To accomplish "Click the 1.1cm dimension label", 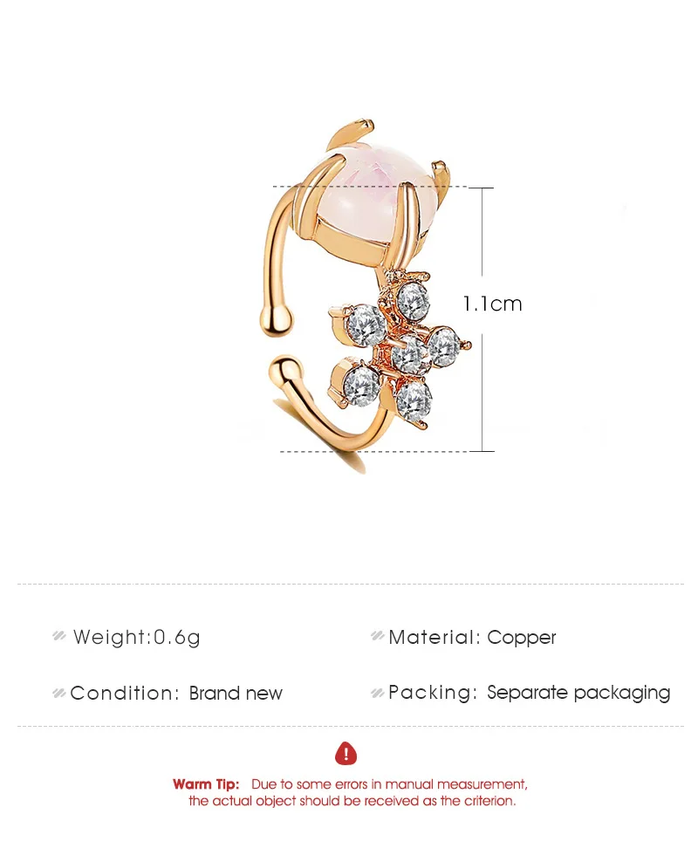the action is pyautogui.click(x=492, y=304).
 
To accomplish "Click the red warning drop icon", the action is pyautogui.click(x=346, y=753).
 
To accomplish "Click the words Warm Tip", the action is pyautogui.click(x=206, y=784).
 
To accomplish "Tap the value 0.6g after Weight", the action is pyautogui.click(x=177, y=638).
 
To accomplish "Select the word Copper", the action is pyautogui.click(x=522, y=638).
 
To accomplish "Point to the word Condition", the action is pyautogui.click(x=123, y=694).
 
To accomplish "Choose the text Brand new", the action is pyautogui.click(x=236, y=694).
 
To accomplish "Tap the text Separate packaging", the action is pyautogui.click(x=578, y=693).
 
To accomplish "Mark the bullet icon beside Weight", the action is pyautogui.click(x=59, y=637).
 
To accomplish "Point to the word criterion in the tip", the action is pyautogui.click(x=489, y=800).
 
